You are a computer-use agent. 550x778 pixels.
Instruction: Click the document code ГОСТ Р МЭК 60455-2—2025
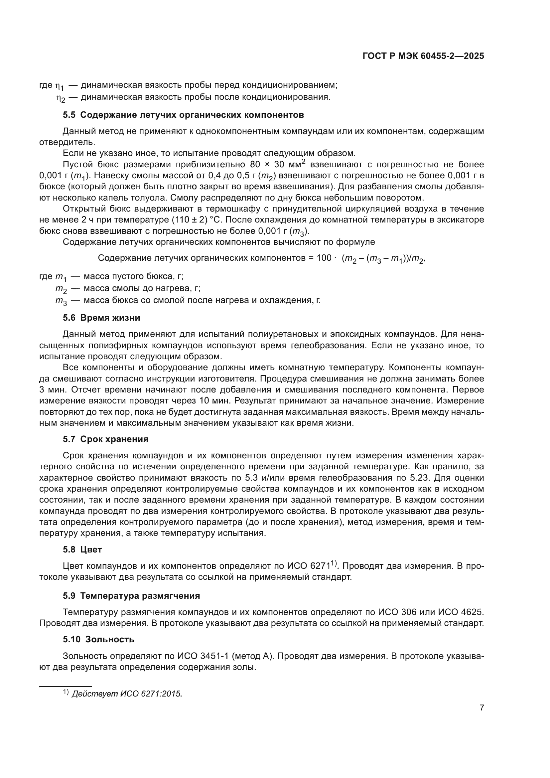pos(423,56)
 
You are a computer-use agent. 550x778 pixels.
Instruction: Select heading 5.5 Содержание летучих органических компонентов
pos(183,115)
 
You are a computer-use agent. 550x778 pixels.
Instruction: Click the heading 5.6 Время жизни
pos(101,318)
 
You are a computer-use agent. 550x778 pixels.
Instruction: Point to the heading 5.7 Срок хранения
pos(105,439)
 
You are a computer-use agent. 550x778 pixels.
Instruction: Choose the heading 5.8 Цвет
pos(82,549)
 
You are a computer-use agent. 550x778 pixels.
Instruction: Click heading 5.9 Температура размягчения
pos(131,596)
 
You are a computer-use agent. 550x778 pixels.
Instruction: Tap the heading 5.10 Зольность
pos(98,639)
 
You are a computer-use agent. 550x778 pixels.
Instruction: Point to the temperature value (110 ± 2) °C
pos(197,220)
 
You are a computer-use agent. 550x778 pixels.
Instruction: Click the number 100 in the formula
pos(324,258)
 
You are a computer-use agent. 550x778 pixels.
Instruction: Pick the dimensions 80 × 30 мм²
pos(278,164)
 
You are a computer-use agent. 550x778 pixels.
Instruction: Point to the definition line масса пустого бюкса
pos(133,276)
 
